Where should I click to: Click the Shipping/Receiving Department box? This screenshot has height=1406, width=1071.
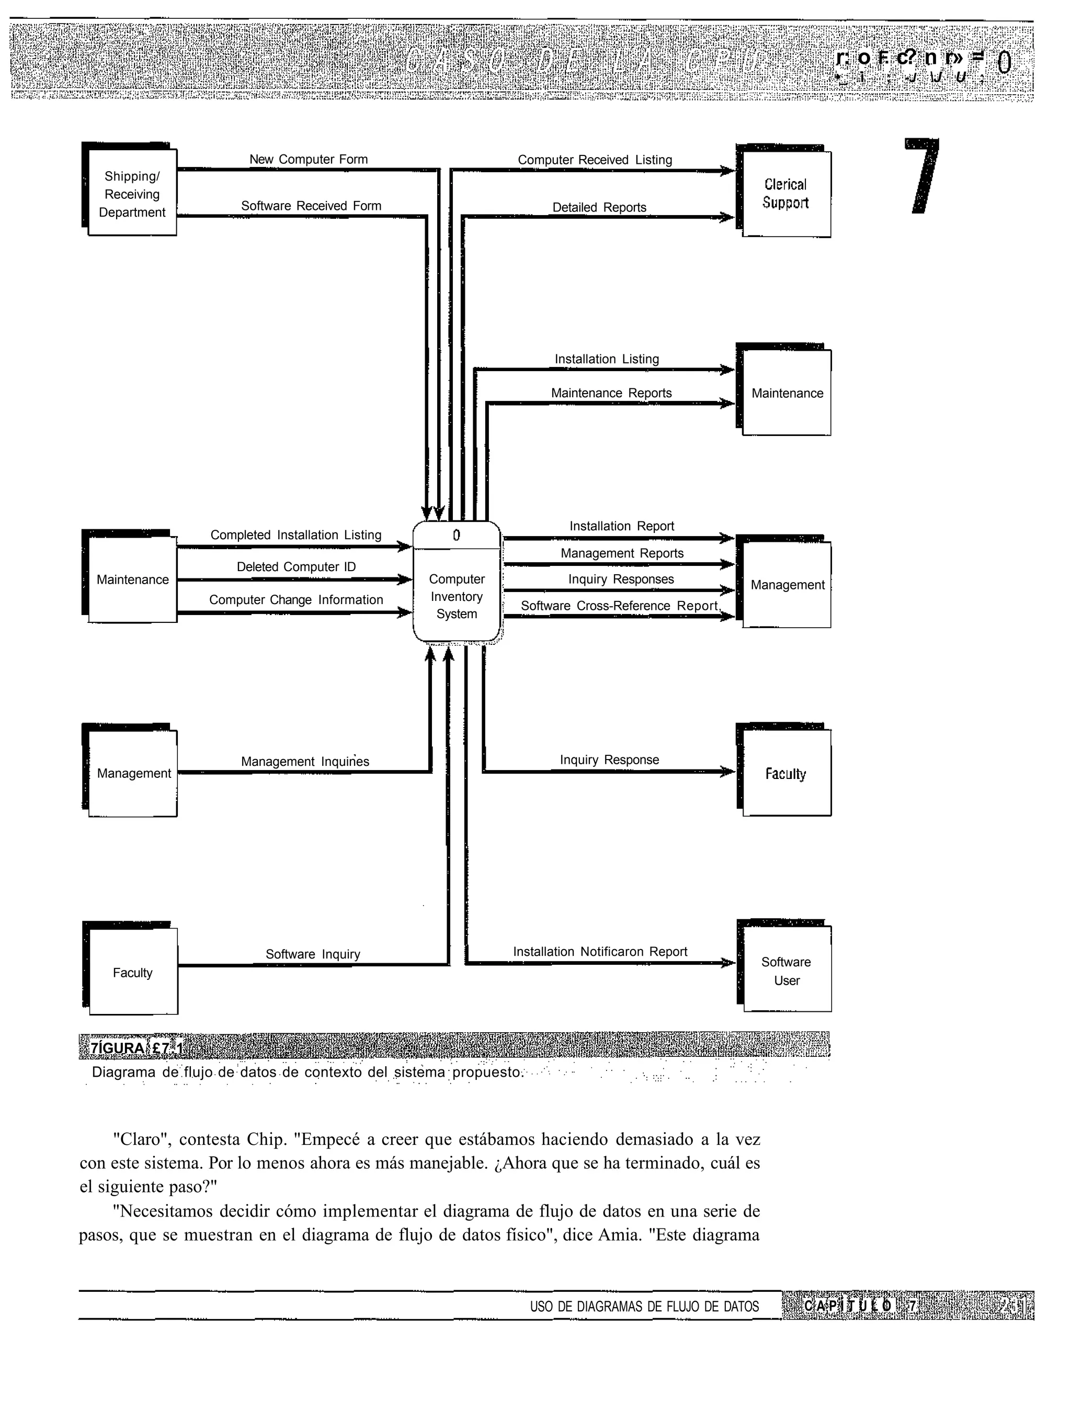pyautogui.click(x=132, y=193)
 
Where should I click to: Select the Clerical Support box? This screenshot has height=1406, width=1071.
pyautogui.click(x=786, y=194)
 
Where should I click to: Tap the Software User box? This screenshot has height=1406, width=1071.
pyautogui.click(x=787, y=971)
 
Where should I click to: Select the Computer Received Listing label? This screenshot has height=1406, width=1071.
pyautogui.click(x=595, y=160)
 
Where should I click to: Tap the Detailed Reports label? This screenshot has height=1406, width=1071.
pyautogui.click(x=599, y=207)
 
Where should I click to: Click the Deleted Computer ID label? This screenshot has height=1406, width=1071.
pyautogui.click(x=297, y=566)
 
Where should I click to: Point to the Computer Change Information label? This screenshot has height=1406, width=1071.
pyautogui.click(x=297, y=600)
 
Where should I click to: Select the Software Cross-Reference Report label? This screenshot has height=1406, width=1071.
pyautogui.click(x=620, y=606)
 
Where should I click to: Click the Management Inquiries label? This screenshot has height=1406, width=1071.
pyautogui.click(x=305, y=761)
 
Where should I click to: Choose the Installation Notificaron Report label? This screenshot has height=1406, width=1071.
pyautogui.click(x=600, y=952)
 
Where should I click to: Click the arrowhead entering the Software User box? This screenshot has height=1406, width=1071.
pyautogui.click(x=728, y=963)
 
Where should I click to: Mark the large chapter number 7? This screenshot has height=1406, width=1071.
pyautogui.click(x=922, y=175)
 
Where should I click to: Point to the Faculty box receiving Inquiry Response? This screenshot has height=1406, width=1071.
pyautogui.click(x=787, y=773)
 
